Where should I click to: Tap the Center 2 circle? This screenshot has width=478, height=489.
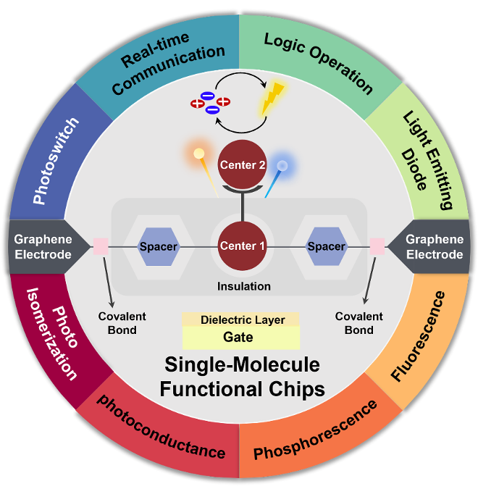coord(243,165)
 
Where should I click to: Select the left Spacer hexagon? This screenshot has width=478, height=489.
coord(159,246)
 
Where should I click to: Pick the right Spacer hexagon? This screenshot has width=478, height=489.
coord(326,246)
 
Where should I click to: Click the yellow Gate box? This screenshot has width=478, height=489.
coord(240,338)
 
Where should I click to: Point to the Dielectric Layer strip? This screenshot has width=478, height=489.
coord(240,319)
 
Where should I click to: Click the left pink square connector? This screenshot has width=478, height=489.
coord(100,246)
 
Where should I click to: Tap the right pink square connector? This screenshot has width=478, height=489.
coord(377,246)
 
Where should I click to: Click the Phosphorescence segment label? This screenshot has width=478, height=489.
coord(316,430)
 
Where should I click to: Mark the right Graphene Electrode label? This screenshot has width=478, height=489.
coord(434,247)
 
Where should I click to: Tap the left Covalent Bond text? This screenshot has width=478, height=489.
coord(122,323)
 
